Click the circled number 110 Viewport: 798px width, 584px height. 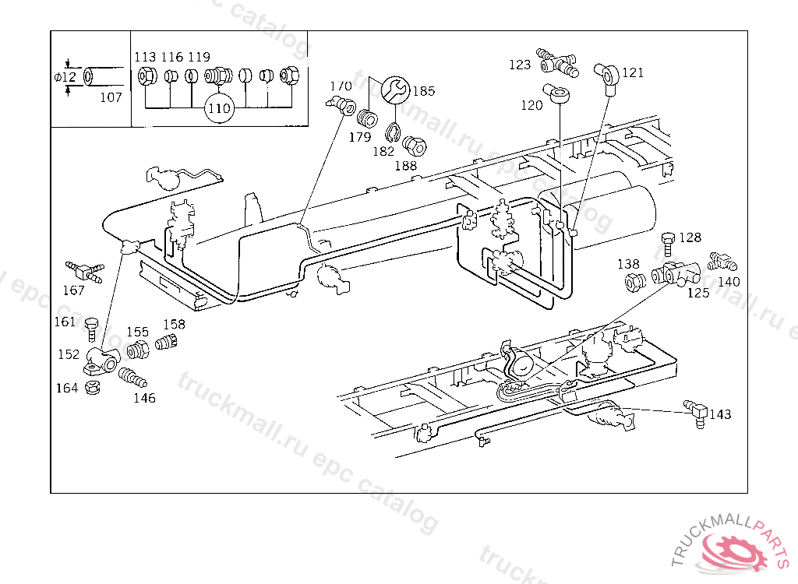point(220,108)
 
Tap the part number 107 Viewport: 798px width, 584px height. point(111,97)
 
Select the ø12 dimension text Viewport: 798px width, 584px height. point(65,77)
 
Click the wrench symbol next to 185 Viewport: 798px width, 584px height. point(394,90)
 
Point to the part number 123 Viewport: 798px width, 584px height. point(520,65)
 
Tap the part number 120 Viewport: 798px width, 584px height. point(531,105)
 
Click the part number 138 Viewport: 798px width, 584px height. point(628,264)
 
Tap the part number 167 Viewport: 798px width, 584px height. point(73,291)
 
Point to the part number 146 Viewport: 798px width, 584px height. point(144,398)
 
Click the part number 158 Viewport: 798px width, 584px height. point(174,324)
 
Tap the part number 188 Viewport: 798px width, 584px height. point(405,165)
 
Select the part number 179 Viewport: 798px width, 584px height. point(359,137)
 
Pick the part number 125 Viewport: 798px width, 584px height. point(698,293)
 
